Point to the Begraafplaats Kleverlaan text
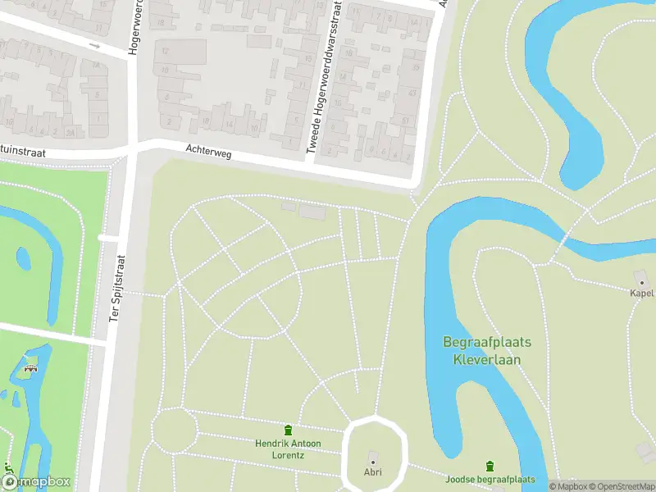(487, 350)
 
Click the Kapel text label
(641, 293)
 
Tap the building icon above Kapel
(641, 280)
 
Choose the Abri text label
(373, 472)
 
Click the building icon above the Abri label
(373, 458)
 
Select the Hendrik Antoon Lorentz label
(288, 449)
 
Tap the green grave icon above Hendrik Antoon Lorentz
(288, 430)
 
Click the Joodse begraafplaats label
(490, 479)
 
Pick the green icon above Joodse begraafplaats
(490, 466)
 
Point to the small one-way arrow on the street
(95, 46)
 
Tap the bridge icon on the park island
(34, 368)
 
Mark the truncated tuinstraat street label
(22, 153)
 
